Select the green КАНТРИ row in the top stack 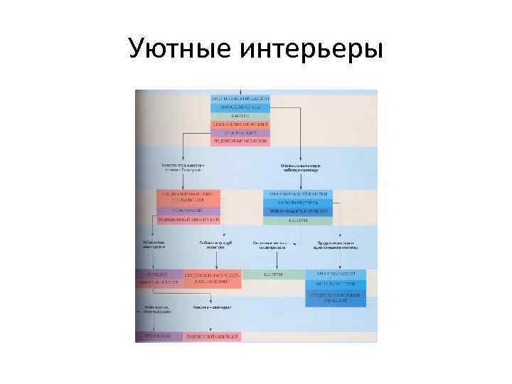coord(240,115)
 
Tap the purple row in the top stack coord(240,132)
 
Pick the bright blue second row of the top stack coord(240,107)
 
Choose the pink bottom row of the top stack coord(240,141)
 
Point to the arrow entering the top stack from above coord(240,92)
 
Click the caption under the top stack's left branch coord(182,168)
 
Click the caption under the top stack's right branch coord(300,168)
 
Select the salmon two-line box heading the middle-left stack coord(189,197)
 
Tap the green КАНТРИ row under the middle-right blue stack coord(298,220)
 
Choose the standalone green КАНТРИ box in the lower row coord(273,274)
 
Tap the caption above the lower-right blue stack coord(337,245)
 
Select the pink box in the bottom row coord(211,336)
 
